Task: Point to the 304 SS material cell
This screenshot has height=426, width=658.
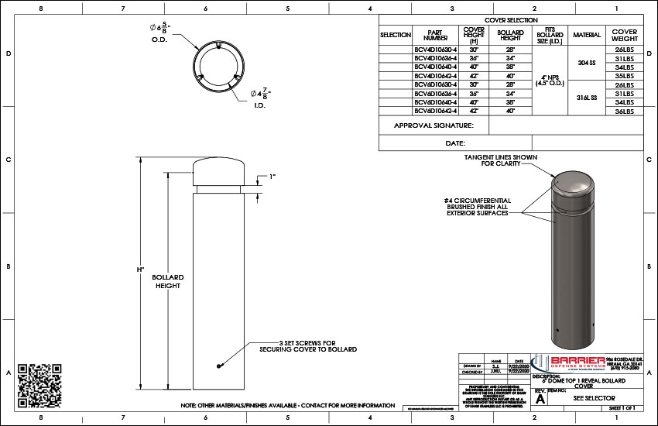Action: tap(586, 63)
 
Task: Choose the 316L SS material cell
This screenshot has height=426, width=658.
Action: tap(586, 98)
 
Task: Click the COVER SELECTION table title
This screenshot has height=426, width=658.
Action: tap(511, 20)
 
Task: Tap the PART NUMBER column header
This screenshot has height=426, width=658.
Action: tap(437, 35)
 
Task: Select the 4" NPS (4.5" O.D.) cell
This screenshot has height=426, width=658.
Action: tap(549, 81)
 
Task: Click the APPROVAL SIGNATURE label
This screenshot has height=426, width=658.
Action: tap(434, 125)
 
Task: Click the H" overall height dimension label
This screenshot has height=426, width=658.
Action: tap(140, 270)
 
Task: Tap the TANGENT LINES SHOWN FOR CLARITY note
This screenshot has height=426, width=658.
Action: tap(501, 160)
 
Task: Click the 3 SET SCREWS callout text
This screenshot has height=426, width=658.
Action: tap(308, 346)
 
